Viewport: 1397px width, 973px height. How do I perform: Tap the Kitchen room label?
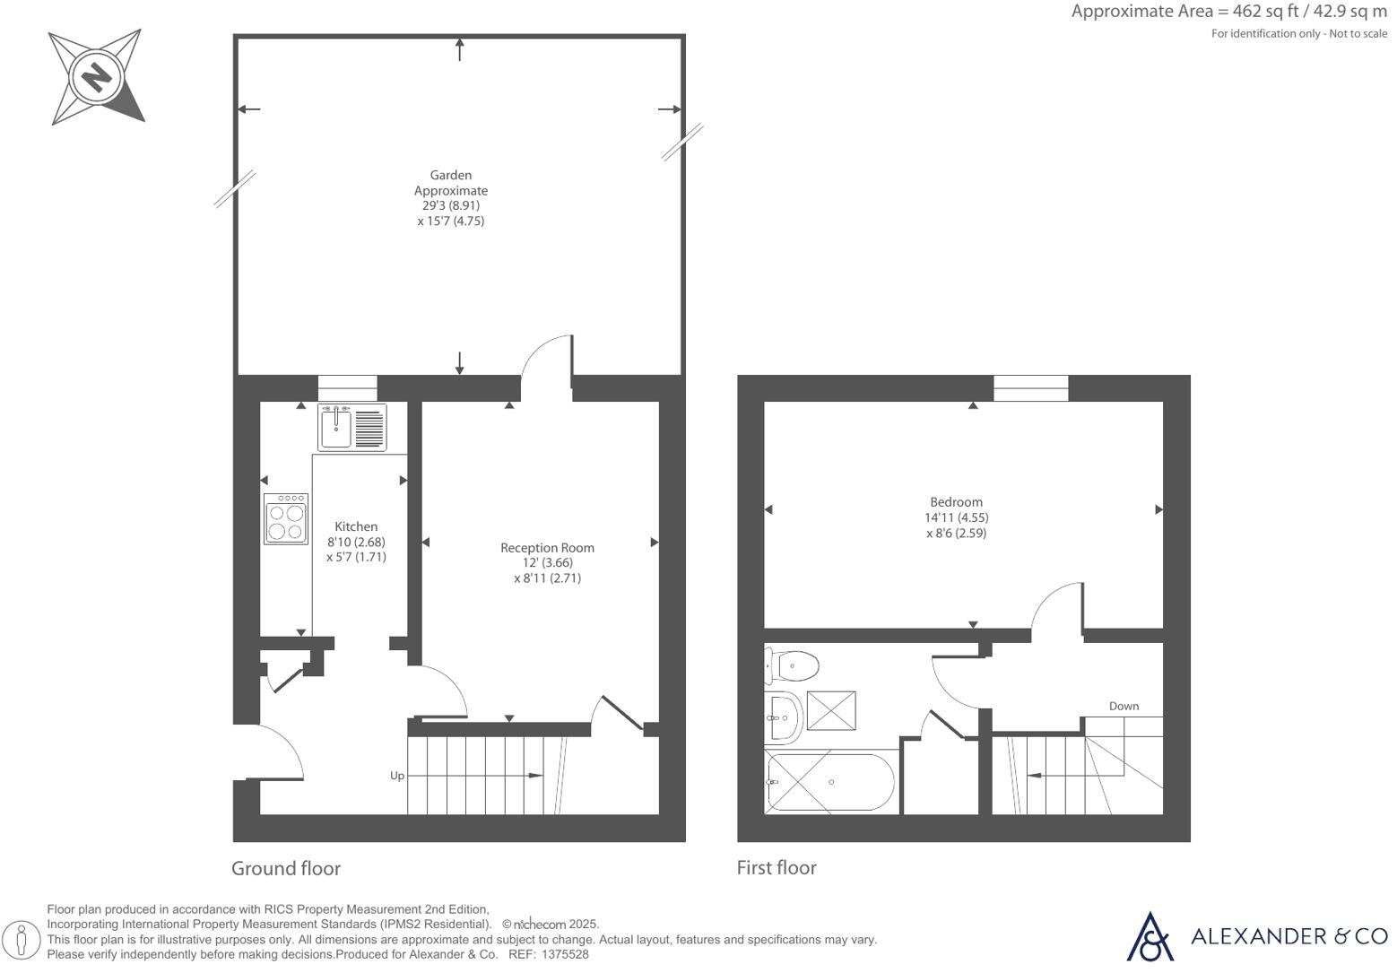pyautogui.click(x=356, y=526)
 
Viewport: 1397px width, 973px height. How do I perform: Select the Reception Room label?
pyautogui.click(x=547, y=548)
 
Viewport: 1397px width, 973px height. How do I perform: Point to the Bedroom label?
pyautogui.click(x=956, y=502)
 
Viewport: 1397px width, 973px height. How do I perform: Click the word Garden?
pyautogui.click(x=450, y=175)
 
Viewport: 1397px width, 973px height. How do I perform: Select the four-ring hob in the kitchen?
pyautogui.click(x=286, y=519)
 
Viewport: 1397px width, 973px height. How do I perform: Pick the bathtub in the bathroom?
pyautogui.click(x=829, y=782)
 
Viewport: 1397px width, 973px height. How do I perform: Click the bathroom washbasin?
pyautogui.click(x=783, y=717)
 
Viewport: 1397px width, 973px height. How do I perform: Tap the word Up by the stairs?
pyautogui.click(x=397, y=776)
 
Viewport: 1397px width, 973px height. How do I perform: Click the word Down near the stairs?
pyautogui.click(x=1124, y=706)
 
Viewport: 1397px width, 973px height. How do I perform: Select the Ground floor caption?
pyautogui.click(x=286, y=868)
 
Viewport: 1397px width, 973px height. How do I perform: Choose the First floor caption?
pyautogui.click(x=777, y=868)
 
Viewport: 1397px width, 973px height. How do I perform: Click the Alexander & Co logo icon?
pyautogui.click(x=1150, y=936)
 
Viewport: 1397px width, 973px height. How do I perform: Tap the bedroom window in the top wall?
pyautogui.click(x=1031, y=388)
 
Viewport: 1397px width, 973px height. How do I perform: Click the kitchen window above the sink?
pyautogui.click(x=348, y=388)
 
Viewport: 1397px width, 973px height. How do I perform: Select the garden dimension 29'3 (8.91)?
pyautogui.click(x=451, y=205)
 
